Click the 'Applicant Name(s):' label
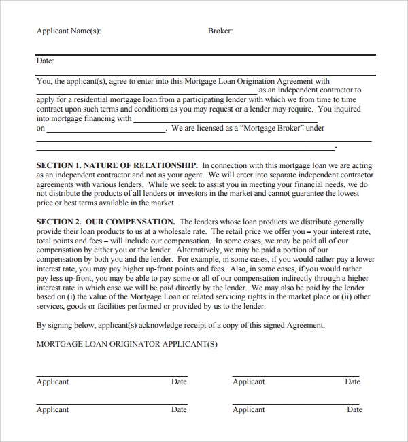(x=68, y=31)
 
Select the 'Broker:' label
(x=220, y=31)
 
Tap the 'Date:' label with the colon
(x=46, y=61)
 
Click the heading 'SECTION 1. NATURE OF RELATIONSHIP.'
(x=117, y=165)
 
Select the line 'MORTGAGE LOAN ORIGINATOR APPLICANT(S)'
(x=126, y=344)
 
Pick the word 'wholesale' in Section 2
(x=160, y=231)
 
